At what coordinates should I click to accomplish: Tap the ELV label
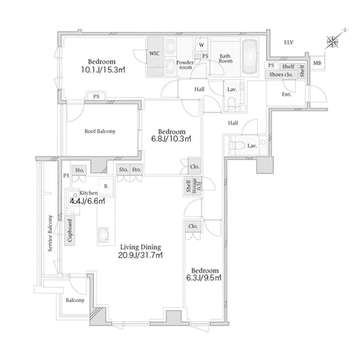pyautogui.click(x=288, y=42)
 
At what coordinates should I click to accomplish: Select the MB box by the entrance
pyautogui.click(x=317, y=64)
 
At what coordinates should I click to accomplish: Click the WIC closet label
pyautogui.click(x=155, y=53)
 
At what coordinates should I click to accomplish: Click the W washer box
pyautogui.click(x=201, y=45)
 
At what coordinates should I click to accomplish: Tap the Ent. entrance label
pyautogui.click(x=287, y=95)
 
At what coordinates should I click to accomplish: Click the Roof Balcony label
pyautogui.click(x=100, y=131)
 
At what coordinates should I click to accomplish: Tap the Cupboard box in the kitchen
pyautogui.click(x=70, y=230)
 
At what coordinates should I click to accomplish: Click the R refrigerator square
pyautogui.click(x=106, y=186)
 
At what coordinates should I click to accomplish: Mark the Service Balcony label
pyautogui.click(x=51, y=233)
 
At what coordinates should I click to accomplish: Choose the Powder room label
pyautogui.click(x=185, y=65)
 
